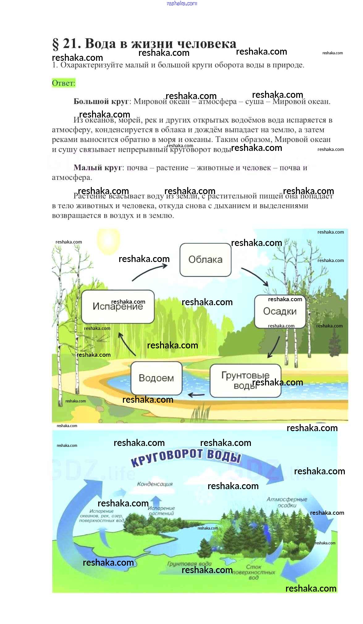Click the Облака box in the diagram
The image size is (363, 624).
tap(205, 260)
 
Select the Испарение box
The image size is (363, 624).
tap(118, 306)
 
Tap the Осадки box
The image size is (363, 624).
tap(280, 311)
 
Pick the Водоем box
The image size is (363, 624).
tap(156, 378)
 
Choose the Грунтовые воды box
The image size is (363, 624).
tap(245, 380)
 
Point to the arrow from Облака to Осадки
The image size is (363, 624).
tap(255, 276)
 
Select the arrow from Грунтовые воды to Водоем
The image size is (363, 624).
tap(196, 394)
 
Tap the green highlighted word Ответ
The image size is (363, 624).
tap(64, 83)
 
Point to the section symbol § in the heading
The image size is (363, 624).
tap(56, 44)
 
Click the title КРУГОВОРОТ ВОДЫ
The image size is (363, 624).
tap(185, 457)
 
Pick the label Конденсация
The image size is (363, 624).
tap(155, 484)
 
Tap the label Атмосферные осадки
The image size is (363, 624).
tap(287, 502)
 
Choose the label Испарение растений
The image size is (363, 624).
tap(161, 511)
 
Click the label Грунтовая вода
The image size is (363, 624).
tap(189, 564)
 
